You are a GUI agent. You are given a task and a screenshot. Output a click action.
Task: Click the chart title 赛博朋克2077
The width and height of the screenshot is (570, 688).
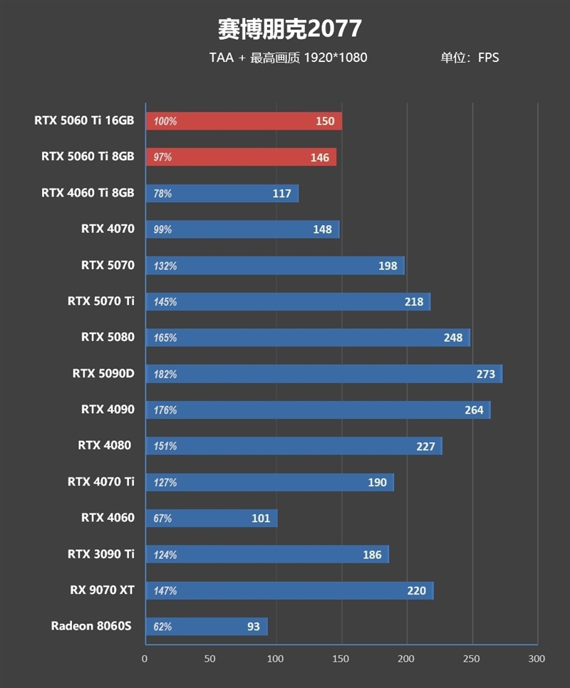(x=289, y=29)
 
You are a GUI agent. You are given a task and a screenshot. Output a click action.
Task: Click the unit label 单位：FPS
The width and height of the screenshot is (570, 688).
(x=470, y=58)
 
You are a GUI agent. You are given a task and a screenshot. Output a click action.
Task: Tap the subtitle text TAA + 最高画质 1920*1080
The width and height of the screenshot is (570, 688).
(x=288, y=58)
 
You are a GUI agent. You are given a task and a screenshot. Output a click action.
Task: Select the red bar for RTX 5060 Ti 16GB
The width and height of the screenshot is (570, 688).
(x=244, y=121)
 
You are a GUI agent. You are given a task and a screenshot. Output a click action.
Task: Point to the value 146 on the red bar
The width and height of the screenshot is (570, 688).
(x=320, y=157)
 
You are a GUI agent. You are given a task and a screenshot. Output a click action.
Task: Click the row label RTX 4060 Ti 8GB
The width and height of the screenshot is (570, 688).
(x=88, y=193)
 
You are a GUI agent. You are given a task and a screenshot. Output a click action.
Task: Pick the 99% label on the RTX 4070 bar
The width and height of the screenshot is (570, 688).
(x=162, y=229)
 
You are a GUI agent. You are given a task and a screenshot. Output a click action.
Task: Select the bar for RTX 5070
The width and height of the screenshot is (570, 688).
(x=274, y=266)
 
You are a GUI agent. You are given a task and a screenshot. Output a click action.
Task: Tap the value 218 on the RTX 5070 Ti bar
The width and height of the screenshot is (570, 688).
(x=413, y=302)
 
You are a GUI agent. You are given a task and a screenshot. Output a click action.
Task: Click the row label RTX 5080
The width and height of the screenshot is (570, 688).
(x=108, y=338)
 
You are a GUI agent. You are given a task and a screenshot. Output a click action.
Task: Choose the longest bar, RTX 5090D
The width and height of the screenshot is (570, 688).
(x=323, y=374)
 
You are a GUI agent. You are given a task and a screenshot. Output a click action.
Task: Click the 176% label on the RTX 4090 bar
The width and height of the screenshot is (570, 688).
(x=165, y=410)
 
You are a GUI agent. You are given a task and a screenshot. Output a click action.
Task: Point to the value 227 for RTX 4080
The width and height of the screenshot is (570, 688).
(x=426, y=447)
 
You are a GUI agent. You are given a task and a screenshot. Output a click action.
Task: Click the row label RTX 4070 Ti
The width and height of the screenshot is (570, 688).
(x=100, y=482)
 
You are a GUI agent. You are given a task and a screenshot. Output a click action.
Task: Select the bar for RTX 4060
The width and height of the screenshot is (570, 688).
(x=211, y=518)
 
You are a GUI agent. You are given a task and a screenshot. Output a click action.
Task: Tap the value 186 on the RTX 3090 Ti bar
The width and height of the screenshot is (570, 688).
(x=372, y=555)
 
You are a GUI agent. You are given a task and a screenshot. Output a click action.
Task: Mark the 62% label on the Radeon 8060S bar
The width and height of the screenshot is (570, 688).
(x=162, y=627)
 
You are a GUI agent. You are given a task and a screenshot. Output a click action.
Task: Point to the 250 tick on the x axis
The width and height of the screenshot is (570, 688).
(x=472, y=660)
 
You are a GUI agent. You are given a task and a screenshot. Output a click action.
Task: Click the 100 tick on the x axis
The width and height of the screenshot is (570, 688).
(x=276, y=660)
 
